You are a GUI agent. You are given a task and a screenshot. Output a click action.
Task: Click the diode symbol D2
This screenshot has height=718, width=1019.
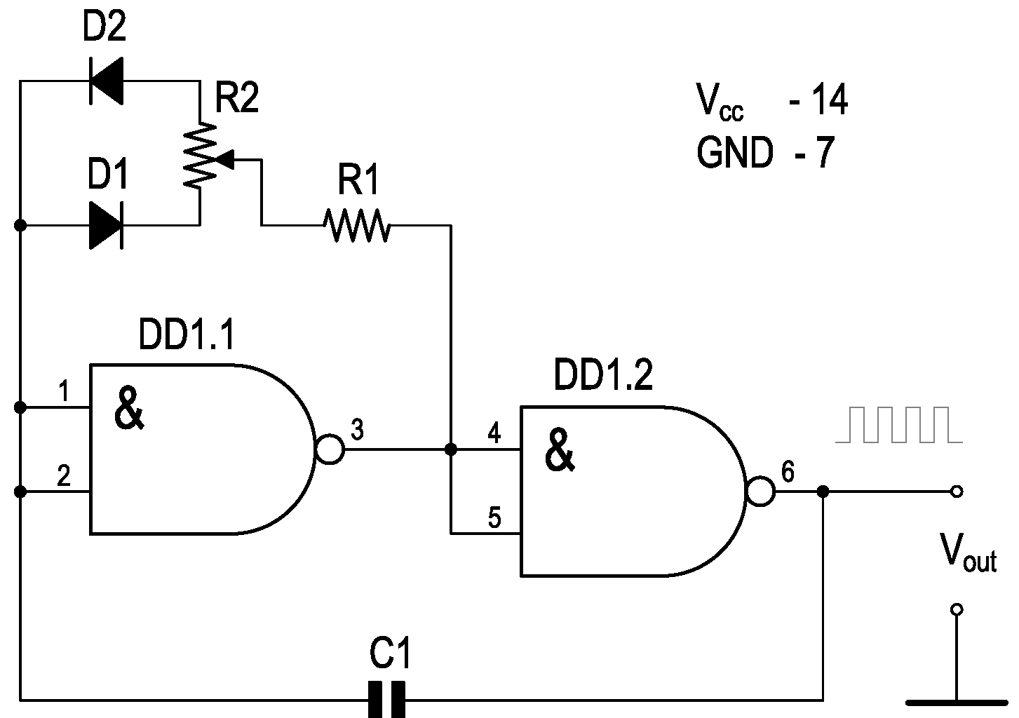(107, 81)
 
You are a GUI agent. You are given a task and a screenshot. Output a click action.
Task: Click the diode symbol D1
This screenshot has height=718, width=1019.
(107, 225)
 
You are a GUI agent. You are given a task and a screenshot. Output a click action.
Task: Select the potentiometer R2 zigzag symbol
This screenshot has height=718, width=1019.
(200, 154)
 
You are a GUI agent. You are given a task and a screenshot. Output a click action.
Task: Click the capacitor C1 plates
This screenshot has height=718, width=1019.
(386, 698)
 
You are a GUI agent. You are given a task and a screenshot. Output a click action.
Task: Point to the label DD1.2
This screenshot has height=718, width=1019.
(602, 376)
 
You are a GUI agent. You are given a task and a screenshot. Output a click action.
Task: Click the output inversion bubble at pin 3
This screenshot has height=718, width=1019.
(330, 449)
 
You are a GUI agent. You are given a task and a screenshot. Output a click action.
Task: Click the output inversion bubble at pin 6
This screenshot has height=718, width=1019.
(761, 492)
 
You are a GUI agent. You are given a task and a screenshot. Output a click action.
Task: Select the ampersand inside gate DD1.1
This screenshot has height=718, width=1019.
(129, 410)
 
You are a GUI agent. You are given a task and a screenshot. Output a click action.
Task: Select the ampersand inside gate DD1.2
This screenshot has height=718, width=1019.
(559, 452)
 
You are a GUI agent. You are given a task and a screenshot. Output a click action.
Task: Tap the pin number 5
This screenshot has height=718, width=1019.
(494, 519)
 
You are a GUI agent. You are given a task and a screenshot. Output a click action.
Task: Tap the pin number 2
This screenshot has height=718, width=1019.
(64, 477)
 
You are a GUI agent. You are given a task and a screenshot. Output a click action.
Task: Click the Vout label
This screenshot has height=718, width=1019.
(968, 554)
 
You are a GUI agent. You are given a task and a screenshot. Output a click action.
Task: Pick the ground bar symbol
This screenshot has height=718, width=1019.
(956, 702)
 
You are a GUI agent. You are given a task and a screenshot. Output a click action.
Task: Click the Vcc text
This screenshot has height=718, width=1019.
(720, 102)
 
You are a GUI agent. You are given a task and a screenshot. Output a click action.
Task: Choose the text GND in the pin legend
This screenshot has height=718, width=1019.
(734, 153)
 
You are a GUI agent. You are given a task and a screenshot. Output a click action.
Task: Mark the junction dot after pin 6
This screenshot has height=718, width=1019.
(823, 492)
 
